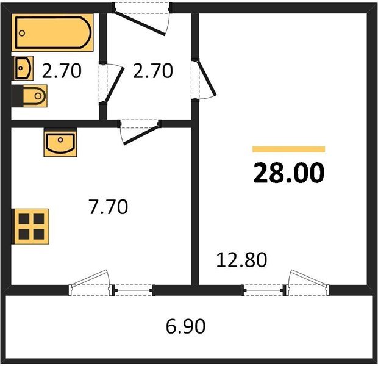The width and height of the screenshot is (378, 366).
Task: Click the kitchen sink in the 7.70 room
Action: pyautogui.click(x=60, y=143)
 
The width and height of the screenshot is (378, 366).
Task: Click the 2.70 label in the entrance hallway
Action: pyautogui.click(x=152, y=72)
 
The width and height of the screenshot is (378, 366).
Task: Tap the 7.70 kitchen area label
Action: pyautogui.click(x=108, y=209)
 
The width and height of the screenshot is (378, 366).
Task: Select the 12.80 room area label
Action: pyautogui.click(x=242, y=260)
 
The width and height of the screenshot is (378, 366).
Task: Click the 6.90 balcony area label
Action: pyautogui.click(x=186, y=327)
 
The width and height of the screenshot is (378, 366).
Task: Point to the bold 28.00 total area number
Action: pyautogui.click(x=289, y=174)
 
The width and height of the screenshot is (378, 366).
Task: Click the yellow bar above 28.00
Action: pyautogui.click(x=289, y=149)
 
